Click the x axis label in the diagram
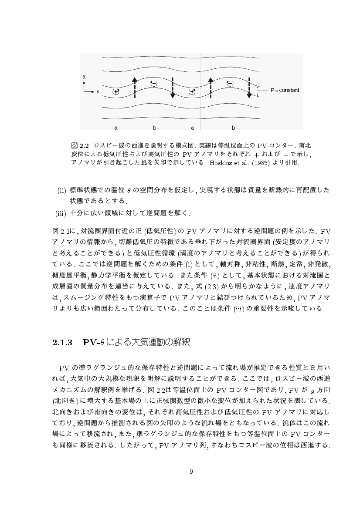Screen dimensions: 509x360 point(98,92)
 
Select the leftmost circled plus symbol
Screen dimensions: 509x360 point(116,91)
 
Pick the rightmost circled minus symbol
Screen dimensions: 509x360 point(230,83)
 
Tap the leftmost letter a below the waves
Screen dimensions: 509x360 point(116,128)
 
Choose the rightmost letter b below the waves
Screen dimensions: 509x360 point(233,128)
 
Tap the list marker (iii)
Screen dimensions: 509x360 point(60,213)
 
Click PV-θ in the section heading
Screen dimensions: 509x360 point(92,343)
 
